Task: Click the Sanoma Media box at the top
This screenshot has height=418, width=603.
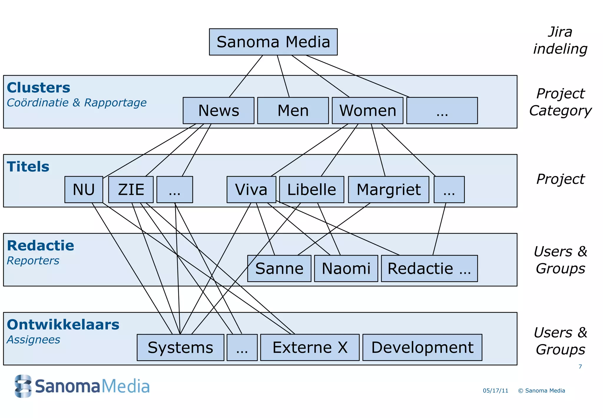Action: coord(273,42)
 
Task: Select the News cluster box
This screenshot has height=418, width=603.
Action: coord(218,111)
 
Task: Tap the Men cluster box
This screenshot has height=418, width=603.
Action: coord(293,111)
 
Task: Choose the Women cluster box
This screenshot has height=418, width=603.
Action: coord(367,111)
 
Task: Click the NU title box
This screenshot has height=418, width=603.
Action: coord(84,190)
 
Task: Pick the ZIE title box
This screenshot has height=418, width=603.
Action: coord(131,190)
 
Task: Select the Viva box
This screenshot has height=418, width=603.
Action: coord(251,190)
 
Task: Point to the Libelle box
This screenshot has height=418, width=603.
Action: coord(311,190)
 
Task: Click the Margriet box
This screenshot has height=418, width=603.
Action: coord(388,190)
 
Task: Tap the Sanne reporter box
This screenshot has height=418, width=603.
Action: coord(279,269)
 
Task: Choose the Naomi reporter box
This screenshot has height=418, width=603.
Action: coord(346,269)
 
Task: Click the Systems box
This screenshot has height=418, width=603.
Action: coord(180,348)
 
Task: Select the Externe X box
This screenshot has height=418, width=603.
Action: coord(309,348)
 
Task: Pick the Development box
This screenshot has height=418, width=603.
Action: coord(422,348)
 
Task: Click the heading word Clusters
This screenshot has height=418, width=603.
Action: coord(39,88)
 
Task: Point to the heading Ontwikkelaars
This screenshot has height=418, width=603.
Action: coord(63,325)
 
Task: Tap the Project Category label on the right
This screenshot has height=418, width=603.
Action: coord(560,102)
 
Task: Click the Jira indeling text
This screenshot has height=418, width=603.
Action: coord(560,40)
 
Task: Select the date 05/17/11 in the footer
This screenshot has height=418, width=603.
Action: coord(495,391)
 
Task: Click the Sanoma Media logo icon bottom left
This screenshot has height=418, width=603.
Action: coord(23,386)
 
